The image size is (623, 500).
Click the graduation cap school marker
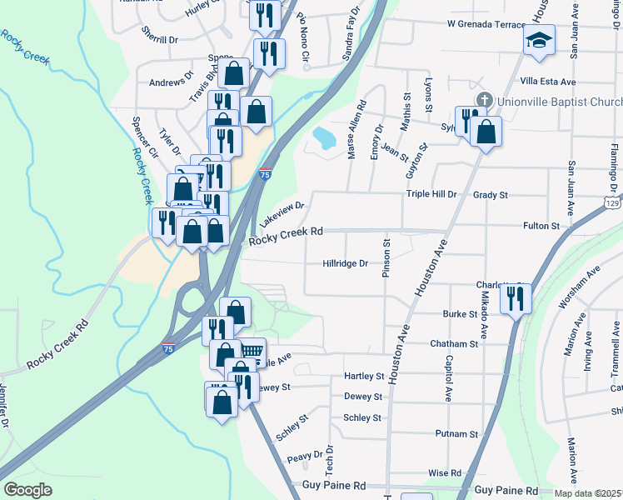click(539, 39)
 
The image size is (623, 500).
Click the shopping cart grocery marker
click(252, 351)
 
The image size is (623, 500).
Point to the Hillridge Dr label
click(345, 263)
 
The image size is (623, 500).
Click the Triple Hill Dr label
click(431, 194)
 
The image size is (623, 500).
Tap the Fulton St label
click(541, 226)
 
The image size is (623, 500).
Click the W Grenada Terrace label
click(486, 24)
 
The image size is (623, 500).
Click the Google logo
click(27, 490)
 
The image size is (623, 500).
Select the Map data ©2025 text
click(588, 493)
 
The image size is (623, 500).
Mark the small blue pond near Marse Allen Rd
click(321, 135)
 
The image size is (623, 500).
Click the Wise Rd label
click(444, 472)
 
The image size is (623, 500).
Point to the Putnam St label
click(456, 434)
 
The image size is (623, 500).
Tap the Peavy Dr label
click(304, 456)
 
